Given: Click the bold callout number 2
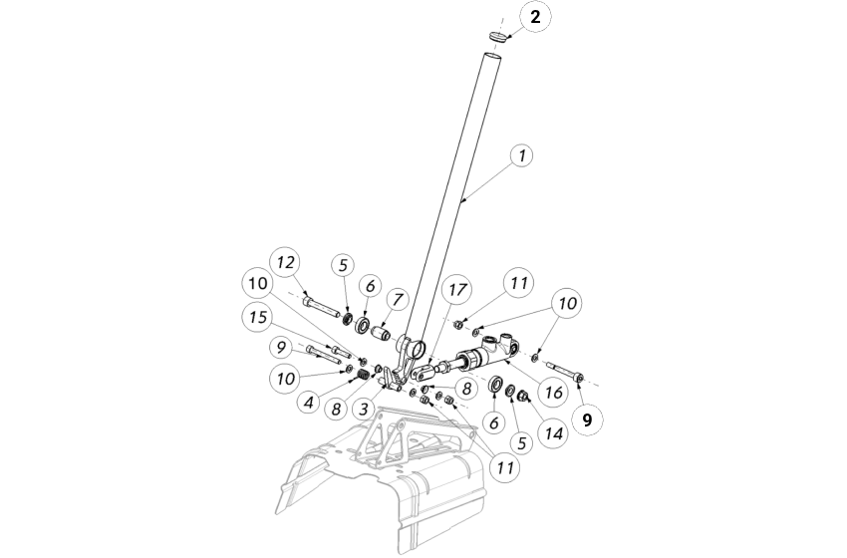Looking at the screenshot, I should pos(535,18).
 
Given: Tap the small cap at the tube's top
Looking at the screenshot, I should pos(500,37).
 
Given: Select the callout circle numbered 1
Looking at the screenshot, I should pos(520,156).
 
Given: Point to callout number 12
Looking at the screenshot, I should pos(285,262).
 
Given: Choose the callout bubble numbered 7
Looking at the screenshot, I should pos(399,299).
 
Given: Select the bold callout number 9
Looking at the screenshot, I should pos(587,420).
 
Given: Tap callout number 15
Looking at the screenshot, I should pos(258,318).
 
